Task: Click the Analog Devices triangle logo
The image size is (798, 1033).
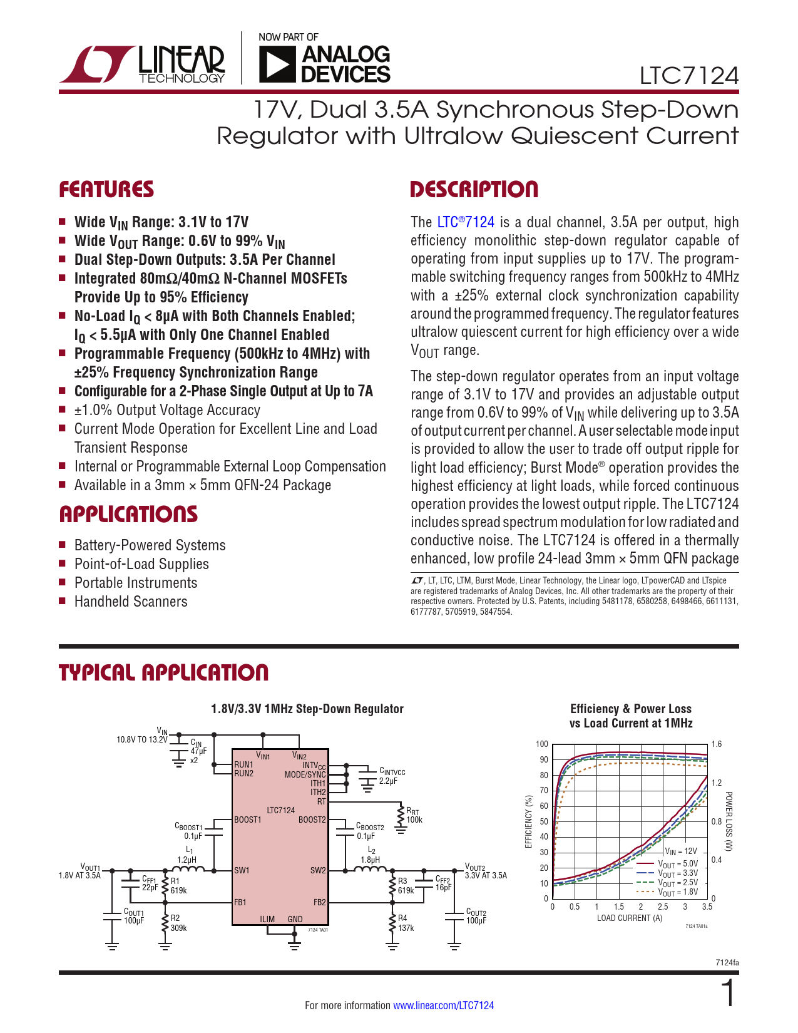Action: tap(276, 64)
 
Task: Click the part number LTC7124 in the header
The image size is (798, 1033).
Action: tap(688, 76)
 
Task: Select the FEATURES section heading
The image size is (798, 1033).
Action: tap(106, 190)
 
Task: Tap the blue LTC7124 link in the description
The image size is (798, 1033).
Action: tap(466, 222)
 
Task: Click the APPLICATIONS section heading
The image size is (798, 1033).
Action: tap(128, 515)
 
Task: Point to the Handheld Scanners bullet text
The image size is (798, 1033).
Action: tap(131, 602)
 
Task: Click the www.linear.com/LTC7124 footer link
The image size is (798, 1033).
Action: tap(443, 1005)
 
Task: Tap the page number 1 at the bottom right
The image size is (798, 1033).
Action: tap(728, 994)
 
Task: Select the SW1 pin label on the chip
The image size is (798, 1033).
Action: tap(242, 870)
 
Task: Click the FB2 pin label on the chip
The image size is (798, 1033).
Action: tap(319, 902)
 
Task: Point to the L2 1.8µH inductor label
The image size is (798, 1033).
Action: tap(371, 855)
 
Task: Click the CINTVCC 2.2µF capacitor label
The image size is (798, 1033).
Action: tap(392, 776)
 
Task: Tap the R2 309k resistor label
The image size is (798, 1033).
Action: tap(178, 923)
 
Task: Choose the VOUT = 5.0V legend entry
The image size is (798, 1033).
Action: tap(678, 864)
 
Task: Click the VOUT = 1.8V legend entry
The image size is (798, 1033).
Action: tap(678, 892)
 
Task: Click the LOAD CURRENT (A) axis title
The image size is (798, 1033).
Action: tap(629, 918)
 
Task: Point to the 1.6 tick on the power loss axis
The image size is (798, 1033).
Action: tap(717, 744)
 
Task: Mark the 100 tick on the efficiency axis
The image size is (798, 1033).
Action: tap(542, 744)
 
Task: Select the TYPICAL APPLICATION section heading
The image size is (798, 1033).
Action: tap(163, 672)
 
